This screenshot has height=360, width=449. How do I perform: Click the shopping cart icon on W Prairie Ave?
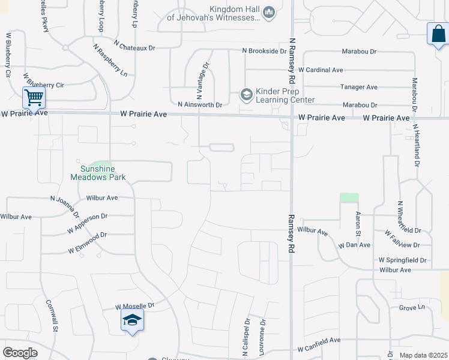[x=34, y=97]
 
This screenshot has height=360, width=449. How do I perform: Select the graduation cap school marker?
[x=132, y=320]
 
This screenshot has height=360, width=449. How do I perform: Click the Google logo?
[x=20, y=353]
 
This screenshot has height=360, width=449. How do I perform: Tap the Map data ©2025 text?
[x=423, y=355]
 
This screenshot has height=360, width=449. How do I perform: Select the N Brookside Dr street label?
[x=264, y=52]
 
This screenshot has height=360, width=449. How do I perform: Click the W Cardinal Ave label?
[x=321, y=70]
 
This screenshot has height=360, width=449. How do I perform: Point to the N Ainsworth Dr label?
[x=200, y=104]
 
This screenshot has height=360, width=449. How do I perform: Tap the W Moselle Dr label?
[x=135, y=306]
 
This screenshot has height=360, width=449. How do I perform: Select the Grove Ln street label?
[x=411, y=308]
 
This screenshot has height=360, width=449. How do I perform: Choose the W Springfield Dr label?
[x=402, y=260]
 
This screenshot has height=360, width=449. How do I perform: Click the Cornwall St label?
[x=52, y=316]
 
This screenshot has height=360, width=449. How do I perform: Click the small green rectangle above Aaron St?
[x=348, y=197]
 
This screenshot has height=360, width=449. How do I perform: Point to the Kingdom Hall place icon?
[x=269, y=11]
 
